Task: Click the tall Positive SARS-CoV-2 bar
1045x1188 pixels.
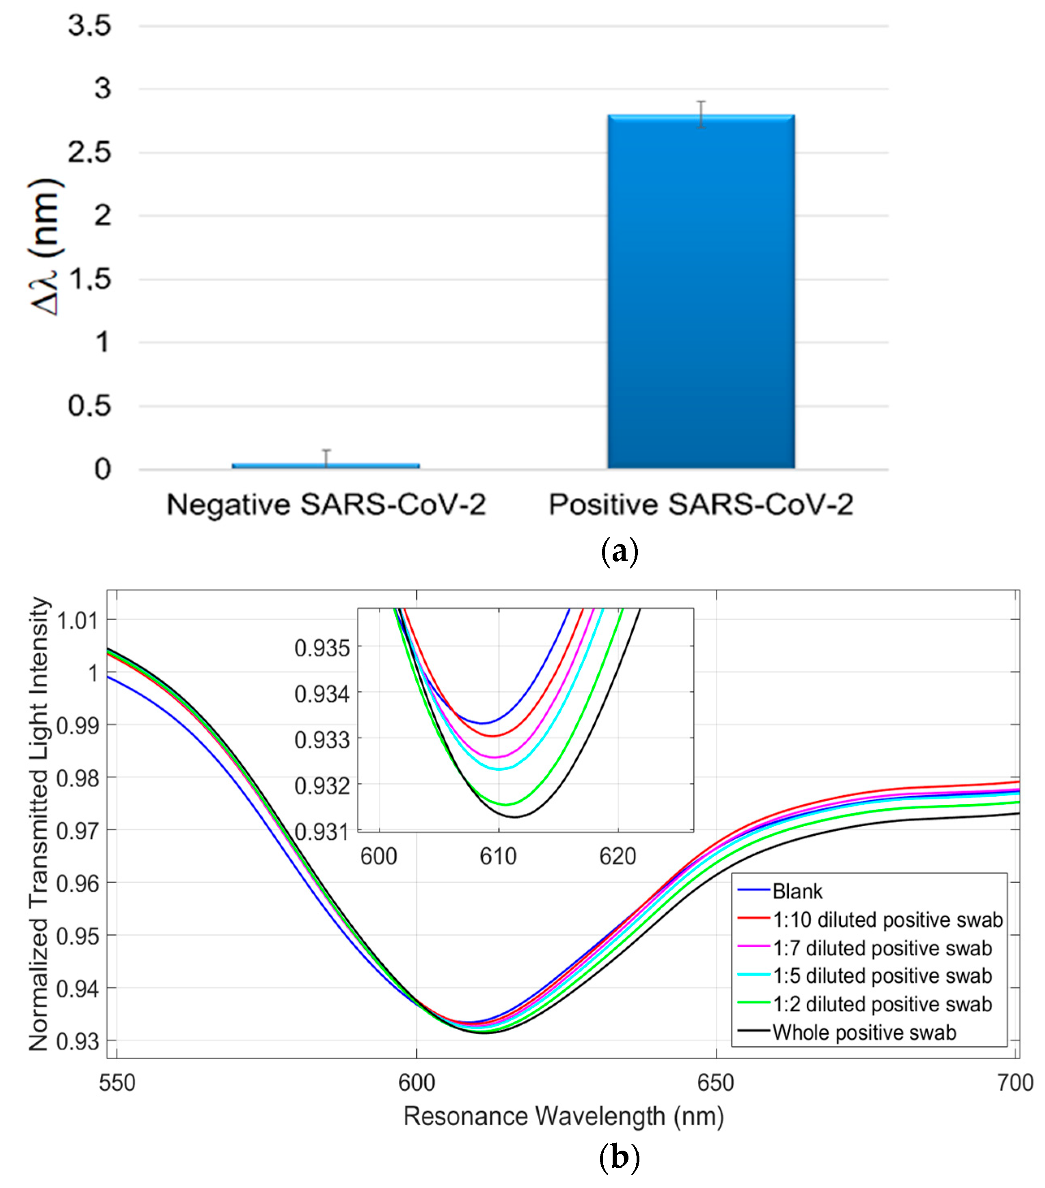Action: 700,291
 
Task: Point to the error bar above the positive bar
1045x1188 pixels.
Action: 702,114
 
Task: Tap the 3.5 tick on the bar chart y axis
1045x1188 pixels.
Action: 89,26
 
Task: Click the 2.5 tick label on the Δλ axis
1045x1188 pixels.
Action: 89,153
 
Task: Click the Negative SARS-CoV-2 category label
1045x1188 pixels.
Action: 326,504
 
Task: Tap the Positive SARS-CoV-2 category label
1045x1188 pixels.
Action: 700,504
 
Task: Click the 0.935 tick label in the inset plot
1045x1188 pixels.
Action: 322,648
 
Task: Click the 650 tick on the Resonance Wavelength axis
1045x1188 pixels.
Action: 715,1083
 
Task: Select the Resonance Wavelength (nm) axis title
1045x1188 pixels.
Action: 563,1116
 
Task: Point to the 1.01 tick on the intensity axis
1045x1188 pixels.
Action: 77,621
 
